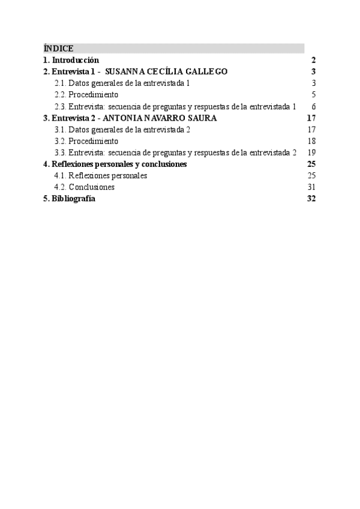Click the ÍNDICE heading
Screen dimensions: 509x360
coord(58,49)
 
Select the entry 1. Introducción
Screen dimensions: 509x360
coord(71,60)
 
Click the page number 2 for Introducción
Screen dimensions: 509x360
coord(313,60)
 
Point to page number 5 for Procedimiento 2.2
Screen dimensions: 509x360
coord(313,95)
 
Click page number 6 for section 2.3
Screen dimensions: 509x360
coord(313,106)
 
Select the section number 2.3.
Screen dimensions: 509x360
coord(60,106)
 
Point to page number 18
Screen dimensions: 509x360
coord(311,141)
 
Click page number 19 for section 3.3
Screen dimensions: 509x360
coord(311,152)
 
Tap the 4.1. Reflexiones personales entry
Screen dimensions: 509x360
coord(100,176)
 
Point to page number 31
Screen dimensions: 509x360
coord(311,187)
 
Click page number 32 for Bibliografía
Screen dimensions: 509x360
coord(311,199)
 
